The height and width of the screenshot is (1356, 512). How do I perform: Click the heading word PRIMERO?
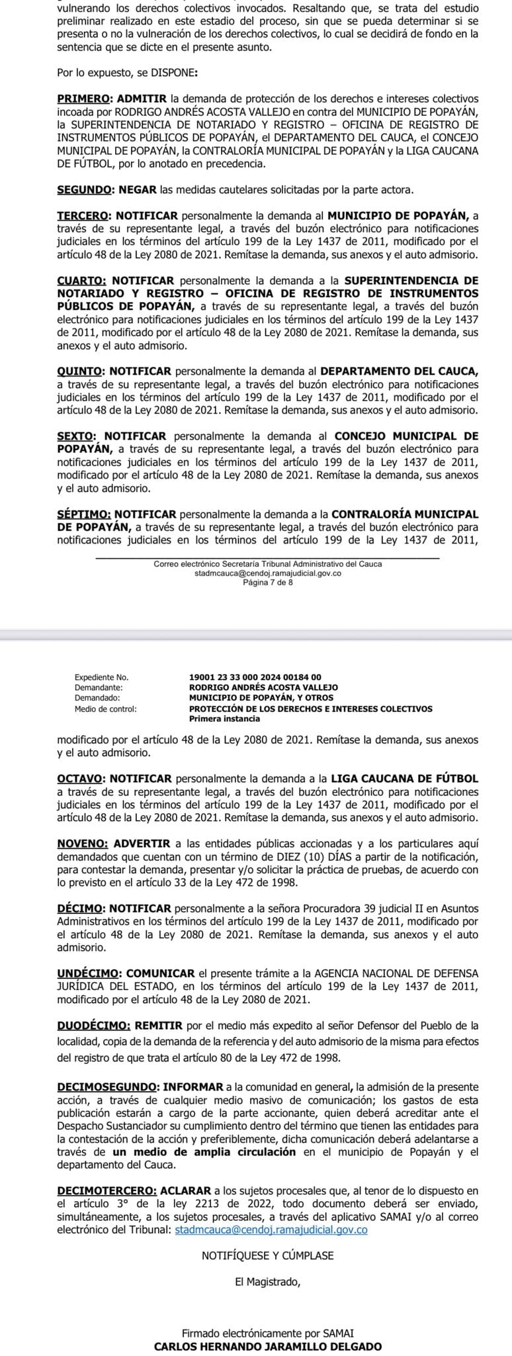82,98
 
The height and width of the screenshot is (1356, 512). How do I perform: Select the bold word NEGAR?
138,189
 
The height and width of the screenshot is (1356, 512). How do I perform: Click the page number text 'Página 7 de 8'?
268,583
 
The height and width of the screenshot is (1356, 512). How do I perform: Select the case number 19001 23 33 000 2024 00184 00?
255,677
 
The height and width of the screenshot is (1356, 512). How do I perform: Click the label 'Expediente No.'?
101,677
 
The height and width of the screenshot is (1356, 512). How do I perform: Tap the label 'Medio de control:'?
105,708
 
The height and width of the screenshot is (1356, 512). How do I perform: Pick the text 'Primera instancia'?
224,718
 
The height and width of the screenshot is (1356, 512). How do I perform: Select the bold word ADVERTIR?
142,843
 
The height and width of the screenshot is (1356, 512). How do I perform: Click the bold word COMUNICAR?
160,973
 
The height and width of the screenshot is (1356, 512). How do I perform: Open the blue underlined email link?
271,1230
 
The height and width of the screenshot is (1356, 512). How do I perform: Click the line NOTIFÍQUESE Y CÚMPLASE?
267,1255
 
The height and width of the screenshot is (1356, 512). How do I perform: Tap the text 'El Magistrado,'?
267,1281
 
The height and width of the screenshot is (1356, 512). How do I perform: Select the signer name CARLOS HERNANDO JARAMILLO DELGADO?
267,1346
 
